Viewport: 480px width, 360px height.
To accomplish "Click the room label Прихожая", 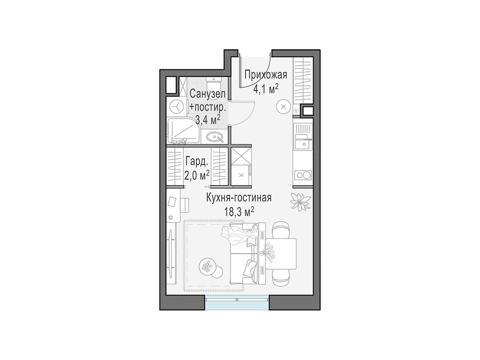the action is (266, 75).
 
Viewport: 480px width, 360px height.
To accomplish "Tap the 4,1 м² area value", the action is (265, 89).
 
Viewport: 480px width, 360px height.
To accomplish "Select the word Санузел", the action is (208, 94).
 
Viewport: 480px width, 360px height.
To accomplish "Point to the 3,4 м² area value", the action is (208, 119).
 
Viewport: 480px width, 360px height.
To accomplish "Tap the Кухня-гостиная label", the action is (239, 197).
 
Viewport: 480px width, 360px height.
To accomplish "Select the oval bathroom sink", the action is (215, 136).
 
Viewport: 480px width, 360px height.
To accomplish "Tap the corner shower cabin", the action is (183, 131).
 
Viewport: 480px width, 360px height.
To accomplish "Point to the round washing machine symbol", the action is (177, 107).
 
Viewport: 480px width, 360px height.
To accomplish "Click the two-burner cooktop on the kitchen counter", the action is (302, 175).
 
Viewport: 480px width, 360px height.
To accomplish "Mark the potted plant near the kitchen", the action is (300, 202).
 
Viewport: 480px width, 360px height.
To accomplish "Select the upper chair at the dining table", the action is (281, 230).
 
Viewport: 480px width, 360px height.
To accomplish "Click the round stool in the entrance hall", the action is (283, 106).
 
